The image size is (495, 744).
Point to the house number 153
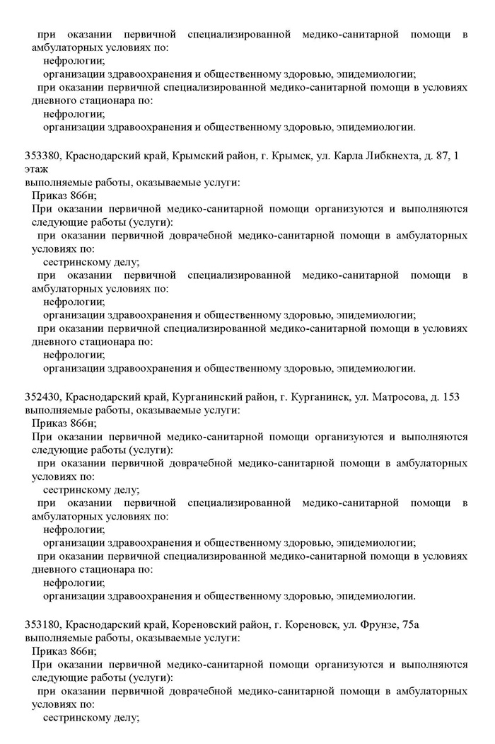point(450,397)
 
